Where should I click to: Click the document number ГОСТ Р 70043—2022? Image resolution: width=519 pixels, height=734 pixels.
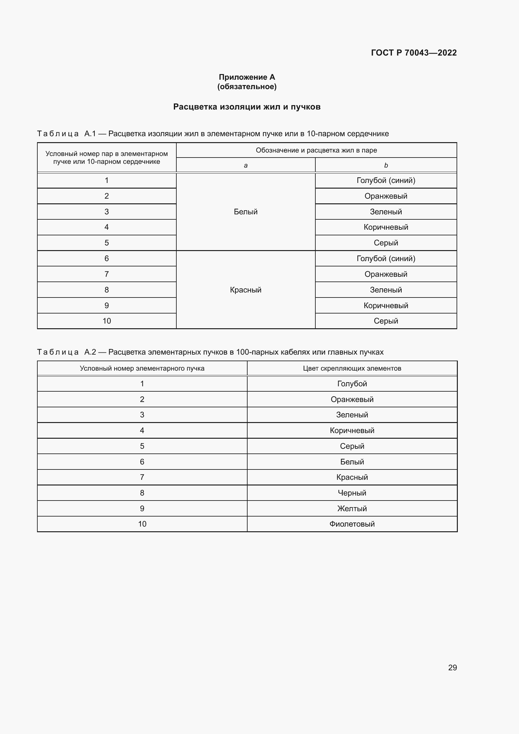[414, 53]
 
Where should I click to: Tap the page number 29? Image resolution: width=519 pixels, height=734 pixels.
[452, 667]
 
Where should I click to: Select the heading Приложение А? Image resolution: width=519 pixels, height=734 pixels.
[247, 77]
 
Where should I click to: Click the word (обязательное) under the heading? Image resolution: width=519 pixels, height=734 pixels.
[247, 87]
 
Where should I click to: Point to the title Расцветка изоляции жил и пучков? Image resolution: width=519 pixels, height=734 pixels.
[247, 107]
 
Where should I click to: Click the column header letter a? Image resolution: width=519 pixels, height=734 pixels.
[245, 165]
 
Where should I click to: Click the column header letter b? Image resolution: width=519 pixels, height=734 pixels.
[386, 165]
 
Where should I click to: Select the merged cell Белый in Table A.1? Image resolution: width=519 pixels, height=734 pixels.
[245, 212]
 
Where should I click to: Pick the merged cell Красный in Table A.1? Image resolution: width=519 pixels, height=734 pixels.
[245, 290]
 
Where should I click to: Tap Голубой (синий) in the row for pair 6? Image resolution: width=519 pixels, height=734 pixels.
[386, 258]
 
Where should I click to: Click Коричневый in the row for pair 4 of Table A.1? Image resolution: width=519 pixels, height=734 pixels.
[386, 227]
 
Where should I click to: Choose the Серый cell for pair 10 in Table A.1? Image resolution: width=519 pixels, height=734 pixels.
[386, 321]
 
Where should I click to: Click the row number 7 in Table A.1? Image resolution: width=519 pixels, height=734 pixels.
[106, 274]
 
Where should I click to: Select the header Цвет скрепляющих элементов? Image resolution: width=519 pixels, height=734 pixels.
[352, 368]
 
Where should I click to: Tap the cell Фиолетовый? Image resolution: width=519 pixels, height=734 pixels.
[352, 524]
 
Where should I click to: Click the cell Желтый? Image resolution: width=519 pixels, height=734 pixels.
[352, 508]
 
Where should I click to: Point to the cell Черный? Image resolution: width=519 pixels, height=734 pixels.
[352, 493]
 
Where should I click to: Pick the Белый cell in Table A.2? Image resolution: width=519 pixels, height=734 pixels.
[352, 462]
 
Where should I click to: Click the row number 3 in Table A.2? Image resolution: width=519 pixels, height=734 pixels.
[142, 415]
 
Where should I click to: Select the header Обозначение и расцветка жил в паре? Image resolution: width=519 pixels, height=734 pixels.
[316, 150]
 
